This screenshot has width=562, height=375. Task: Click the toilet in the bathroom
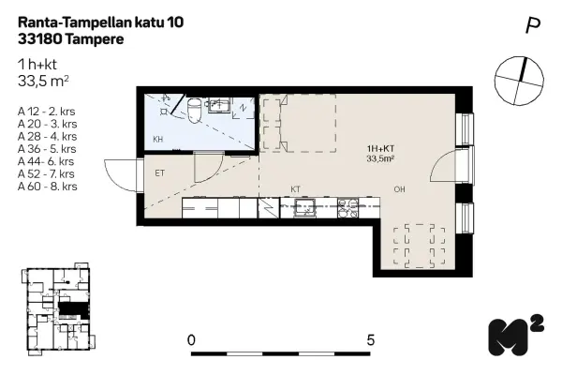pos(193,111)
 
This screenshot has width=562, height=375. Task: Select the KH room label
pos(158,140)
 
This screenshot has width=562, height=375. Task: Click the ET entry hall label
pos(159,172)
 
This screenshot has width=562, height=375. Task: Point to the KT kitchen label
pos(295,188)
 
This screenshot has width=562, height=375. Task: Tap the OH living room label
pos(399,189)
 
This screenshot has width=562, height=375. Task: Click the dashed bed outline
pos(299,122)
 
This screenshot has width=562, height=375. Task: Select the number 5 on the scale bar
pos(371,339)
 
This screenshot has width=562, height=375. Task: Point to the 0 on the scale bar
pos(191,339)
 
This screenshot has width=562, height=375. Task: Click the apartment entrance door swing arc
pos(120,174)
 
